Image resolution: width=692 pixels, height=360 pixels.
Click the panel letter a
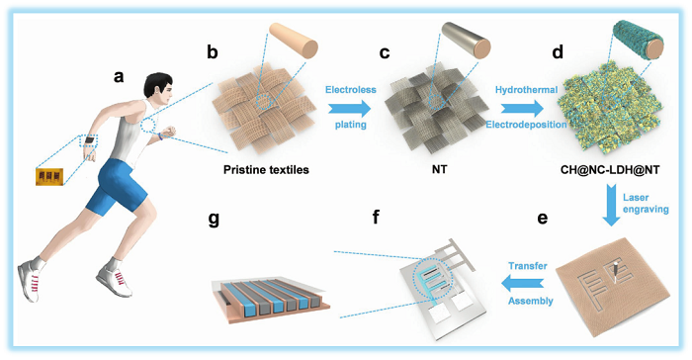click(x=119, y=76)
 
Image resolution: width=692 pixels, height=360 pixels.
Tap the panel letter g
click(x=214, y=219)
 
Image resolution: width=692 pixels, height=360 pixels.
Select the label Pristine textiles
click(x=266, y=170)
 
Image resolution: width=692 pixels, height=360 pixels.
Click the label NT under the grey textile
click(x=439, y=170)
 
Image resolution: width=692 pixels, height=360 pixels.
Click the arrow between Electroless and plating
click(x=350, y=108)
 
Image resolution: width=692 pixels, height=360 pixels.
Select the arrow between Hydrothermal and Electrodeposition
click(x=523, y=108)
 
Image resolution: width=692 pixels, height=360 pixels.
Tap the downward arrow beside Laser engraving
click(x=611, y=207)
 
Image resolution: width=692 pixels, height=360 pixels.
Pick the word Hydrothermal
click(x=526, y=90)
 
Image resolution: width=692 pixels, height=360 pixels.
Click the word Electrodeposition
click(x=526, y=125)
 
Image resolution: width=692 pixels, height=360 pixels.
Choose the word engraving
click(x=646, y=209)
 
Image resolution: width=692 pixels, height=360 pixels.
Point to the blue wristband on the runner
click(x=161, y=136)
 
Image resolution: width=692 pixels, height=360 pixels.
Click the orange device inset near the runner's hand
click(x=49, y=176)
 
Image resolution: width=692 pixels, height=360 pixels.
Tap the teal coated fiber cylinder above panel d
click(x=638, y=41)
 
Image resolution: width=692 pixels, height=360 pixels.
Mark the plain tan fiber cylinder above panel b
click(x=294, y=40)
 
